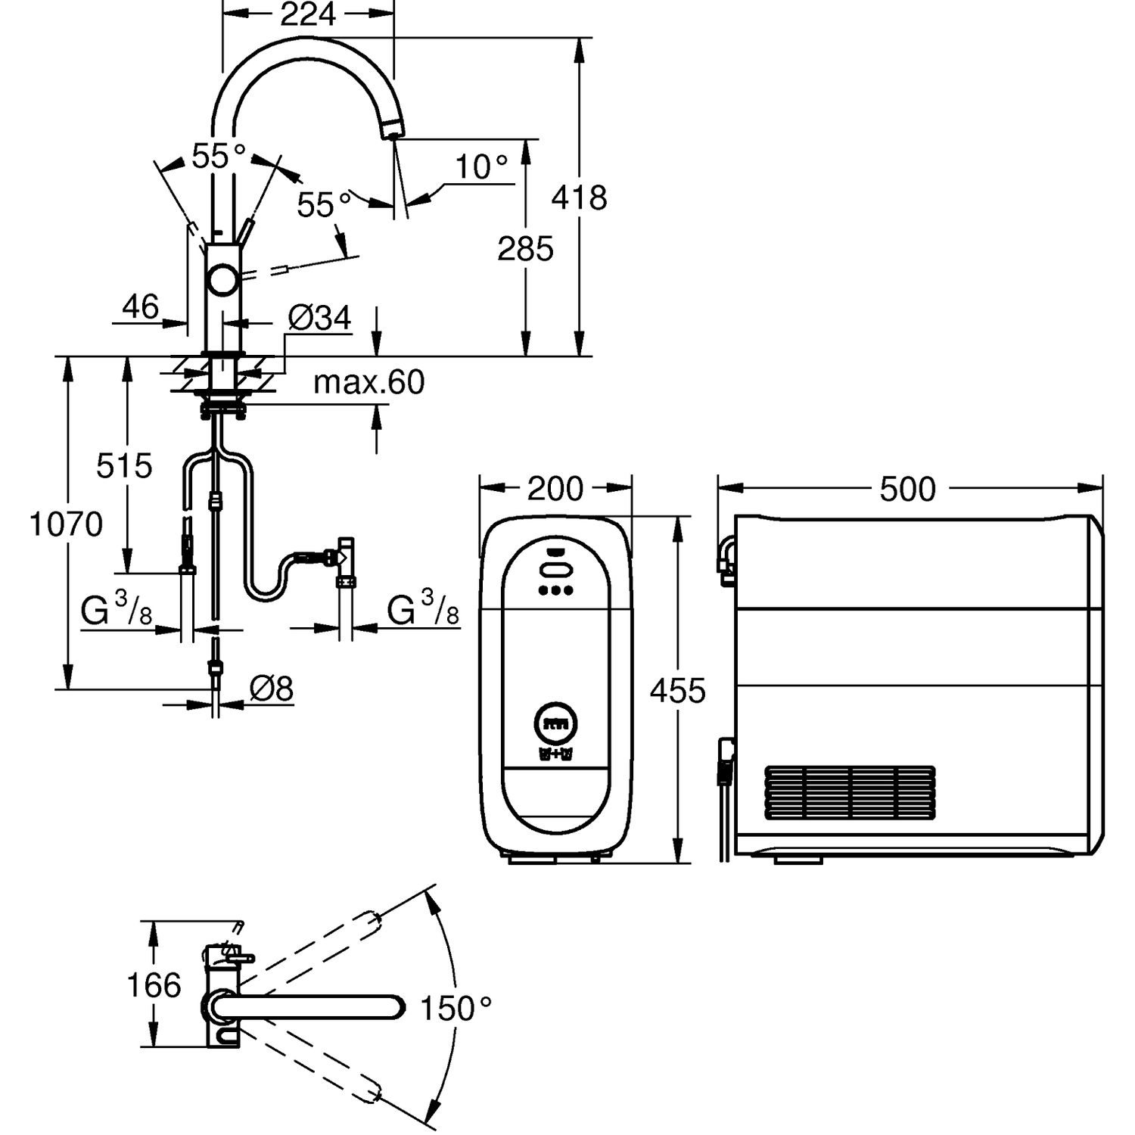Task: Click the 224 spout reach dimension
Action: (x=307, y=14)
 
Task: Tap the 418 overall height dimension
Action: (x=579, y=198)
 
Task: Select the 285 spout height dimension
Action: (x=525, y=248)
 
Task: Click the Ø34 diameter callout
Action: (x=320, y=319)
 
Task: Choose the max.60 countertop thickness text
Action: (x=369, y=383)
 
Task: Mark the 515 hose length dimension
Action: (x=124, y=466)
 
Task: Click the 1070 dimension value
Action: (x=66, y=524)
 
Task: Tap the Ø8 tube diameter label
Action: (x=271, y=689)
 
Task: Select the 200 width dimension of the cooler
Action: (x=555, y=489)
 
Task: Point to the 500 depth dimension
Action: (x=907, y=490)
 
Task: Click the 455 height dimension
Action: (x=677, y=690)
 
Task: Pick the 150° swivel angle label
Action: (x=456, y=1008)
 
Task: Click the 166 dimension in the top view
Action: (x=154, y=985)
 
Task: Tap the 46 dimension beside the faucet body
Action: (x=141, y=307)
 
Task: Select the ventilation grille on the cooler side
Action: (x=850, y=793)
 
